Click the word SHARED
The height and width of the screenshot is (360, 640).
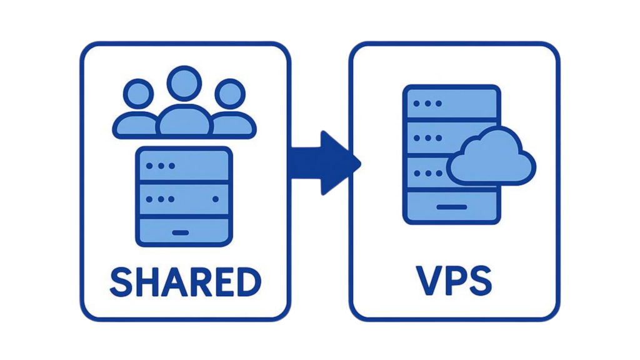click(185, 282)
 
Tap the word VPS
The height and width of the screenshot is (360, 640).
click(454, 282)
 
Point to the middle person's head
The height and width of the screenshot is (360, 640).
click(184, 84)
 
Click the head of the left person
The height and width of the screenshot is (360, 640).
click(138, 94)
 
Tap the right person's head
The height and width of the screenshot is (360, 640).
click(229, 94)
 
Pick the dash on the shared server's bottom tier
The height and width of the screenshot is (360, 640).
click(181, 232)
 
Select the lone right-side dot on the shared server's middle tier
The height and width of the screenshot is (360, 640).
click(216, 199)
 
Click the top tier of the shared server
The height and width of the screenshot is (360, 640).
click(184, 166)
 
